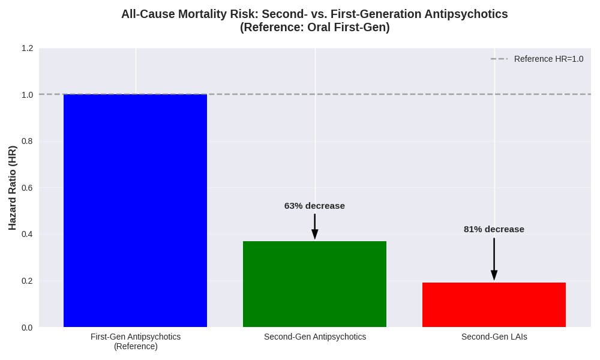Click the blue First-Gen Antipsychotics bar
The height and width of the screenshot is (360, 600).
click(135, 210)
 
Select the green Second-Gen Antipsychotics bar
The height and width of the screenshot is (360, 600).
click(314, 284)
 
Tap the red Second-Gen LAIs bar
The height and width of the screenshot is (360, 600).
click(494, 305)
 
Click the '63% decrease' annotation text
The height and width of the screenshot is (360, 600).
click(314, 206)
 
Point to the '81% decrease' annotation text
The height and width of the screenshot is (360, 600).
click(494, 229)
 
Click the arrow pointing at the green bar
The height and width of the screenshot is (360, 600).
click(314, 227)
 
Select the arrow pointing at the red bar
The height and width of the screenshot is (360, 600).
click(494, 259)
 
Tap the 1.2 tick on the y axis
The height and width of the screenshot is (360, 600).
click(27, 48)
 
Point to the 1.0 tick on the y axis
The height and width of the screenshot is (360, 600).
click(27, 95)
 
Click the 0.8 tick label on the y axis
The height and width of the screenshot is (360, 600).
click(27, 141)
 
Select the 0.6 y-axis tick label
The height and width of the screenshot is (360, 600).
click(27, 188)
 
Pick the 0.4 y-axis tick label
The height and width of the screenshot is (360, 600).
click(27, 234)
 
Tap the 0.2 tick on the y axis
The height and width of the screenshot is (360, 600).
click(27, 281)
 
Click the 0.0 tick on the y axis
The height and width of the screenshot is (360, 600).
click(27, 327)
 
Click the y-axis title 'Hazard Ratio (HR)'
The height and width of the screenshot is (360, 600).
click(13, 188)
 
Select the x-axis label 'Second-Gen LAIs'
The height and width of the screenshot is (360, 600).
click(494, 337)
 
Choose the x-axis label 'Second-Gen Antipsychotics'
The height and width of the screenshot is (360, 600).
click(314, 337)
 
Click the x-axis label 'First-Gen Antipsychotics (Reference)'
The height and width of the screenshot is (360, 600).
click(135, 341)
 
